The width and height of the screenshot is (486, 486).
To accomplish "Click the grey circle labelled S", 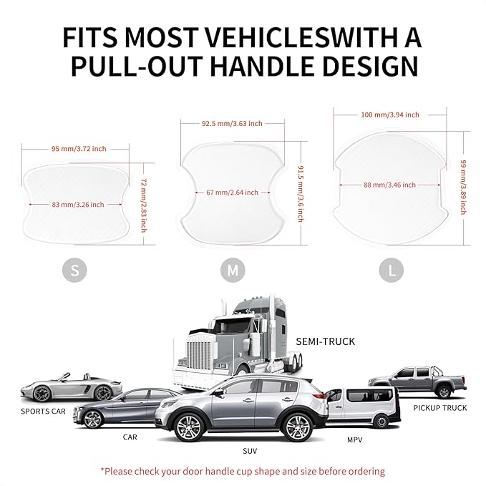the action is coord(74,270).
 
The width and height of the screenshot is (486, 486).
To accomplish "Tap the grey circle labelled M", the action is coord(233,271).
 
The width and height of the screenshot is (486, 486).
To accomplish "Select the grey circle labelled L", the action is coord(391,271).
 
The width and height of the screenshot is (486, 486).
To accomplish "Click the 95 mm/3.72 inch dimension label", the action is coord(79,149).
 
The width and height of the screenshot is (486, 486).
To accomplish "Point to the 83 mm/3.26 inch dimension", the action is coord(78,205).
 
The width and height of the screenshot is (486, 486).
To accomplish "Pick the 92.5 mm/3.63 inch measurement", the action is coord(232,123).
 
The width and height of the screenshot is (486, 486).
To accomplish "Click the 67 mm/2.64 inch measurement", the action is coord(232,193).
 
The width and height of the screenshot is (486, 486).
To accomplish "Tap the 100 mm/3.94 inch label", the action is coord(390,115).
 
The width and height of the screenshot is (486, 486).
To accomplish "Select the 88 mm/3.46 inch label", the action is coord(389,185).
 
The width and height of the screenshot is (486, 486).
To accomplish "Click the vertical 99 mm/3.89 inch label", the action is coord(463,188).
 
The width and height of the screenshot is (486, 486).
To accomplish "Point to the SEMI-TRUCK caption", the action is coord(325,341).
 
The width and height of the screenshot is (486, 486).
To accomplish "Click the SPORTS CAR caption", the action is coord(43,412).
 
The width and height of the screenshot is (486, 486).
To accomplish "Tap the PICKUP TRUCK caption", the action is coord(440,408).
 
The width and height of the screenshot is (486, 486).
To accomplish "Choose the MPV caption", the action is coord(354,439).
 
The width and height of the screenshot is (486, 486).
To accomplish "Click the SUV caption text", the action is coord(250,451).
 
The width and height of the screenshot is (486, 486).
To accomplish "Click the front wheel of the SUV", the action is coord(190,428).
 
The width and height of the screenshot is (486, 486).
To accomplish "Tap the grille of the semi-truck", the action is coord(198,355).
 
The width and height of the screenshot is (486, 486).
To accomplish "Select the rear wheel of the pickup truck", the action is coord(444,392).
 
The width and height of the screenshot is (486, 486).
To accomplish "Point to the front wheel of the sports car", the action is coord(42,394).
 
